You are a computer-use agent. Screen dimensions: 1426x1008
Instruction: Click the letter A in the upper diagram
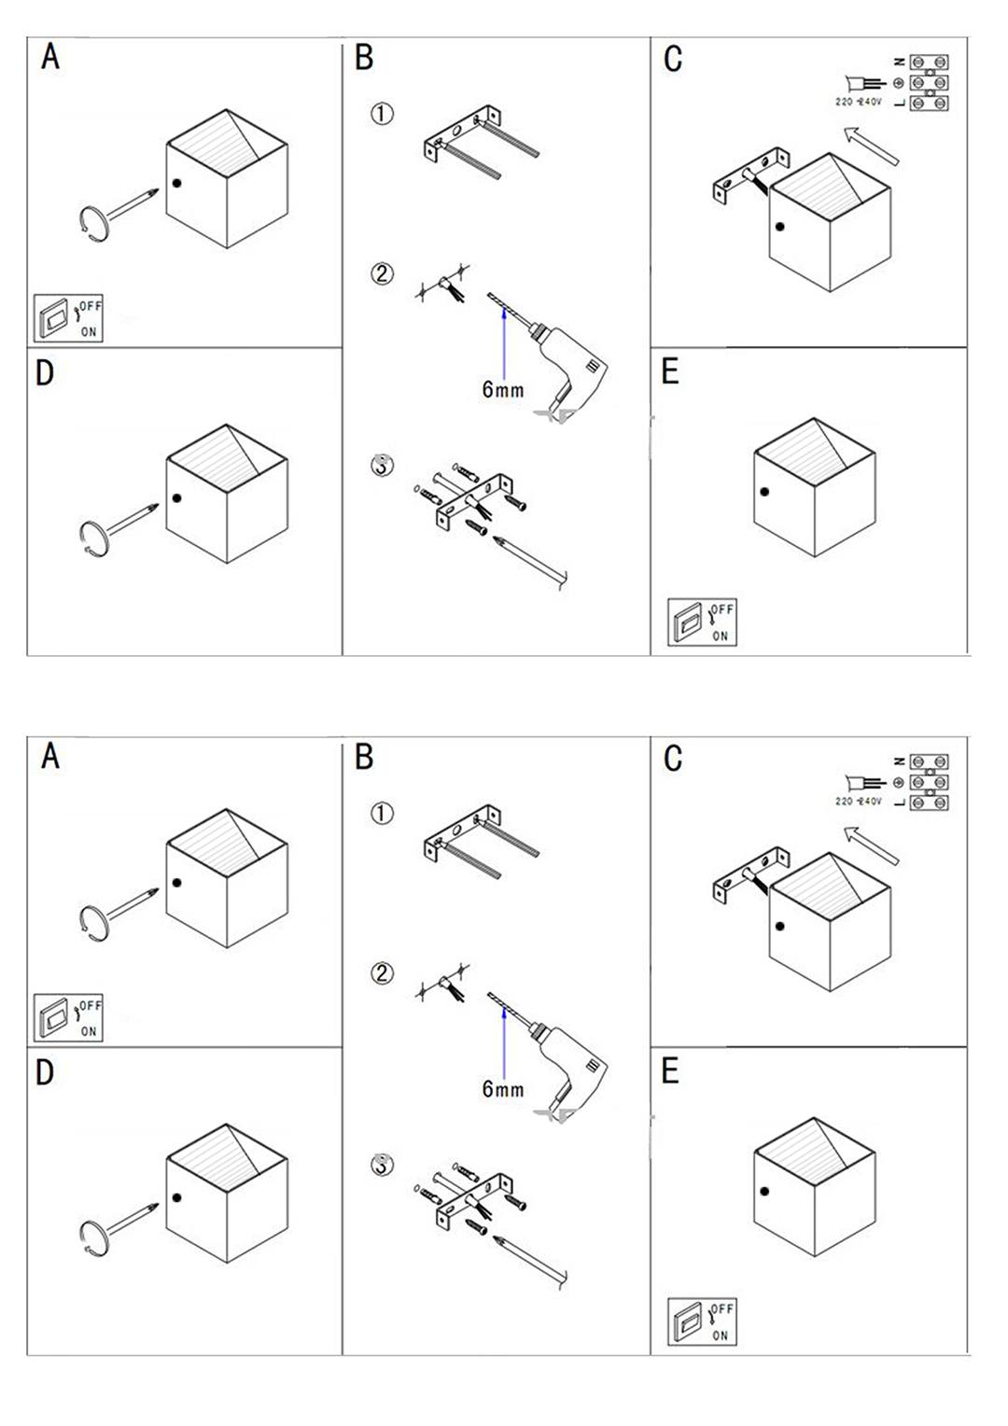(50, 57)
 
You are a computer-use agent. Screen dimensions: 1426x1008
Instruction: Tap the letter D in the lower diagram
(44, 1073)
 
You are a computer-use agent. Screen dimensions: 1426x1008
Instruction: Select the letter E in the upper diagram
(669, 371)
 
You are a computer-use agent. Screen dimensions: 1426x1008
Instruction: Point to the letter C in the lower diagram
(672, 759)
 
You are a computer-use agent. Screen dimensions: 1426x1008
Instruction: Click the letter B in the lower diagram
(364, 757)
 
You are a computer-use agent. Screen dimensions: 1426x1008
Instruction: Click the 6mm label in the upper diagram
(502, 390)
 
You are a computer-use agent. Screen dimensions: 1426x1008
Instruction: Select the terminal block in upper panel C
(929, 83)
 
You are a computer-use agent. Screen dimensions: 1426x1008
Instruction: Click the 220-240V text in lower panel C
(858, 802)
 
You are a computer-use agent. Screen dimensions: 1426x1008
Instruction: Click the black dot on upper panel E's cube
(764, 492)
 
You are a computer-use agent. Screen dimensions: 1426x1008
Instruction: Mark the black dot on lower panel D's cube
(176, 1198)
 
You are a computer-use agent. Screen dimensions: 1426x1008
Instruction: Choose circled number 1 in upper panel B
(382, 114)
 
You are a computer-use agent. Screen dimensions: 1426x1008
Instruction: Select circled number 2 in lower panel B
(382, 973)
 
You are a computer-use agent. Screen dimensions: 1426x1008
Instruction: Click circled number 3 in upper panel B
(382, 465)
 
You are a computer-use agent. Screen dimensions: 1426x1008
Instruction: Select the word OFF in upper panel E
(722, 609)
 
